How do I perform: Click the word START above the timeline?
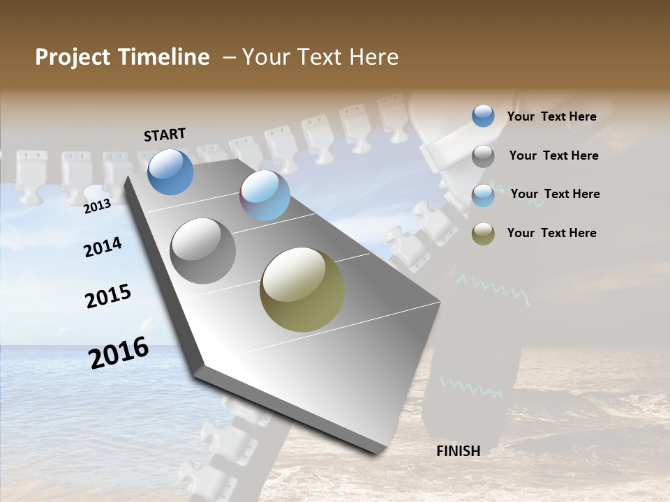(x=165, y=135)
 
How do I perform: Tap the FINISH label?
(x=458, y=451)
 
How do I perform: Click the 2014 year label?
(x=103, y=248)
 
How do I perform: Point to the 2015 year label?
(x=108, y=296)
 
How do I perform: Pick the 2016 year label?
(x=119, y=353)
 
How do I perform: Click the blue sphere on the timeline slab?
(x=170, y=172)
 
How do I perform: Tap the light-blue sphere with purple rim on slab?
(x=265, y=195)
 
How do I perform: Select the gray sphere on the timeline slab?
(x=202, y=251)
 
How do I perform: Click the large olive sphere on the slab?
(x=302, y=289)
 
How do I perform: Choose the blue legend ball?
(x=483, y=116)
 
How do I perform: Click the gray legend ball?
(x=483, y=156)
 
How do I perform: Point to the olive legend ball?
(x=483, y=234)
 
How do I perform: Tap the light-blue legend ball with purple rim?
(x=483, y=195)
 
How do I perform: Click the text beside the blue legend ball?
(x=551, y=116)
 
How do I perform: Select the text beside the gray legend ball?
(x=553, y=155)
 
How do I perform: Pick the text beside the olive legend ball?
(x=551, y=233)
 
